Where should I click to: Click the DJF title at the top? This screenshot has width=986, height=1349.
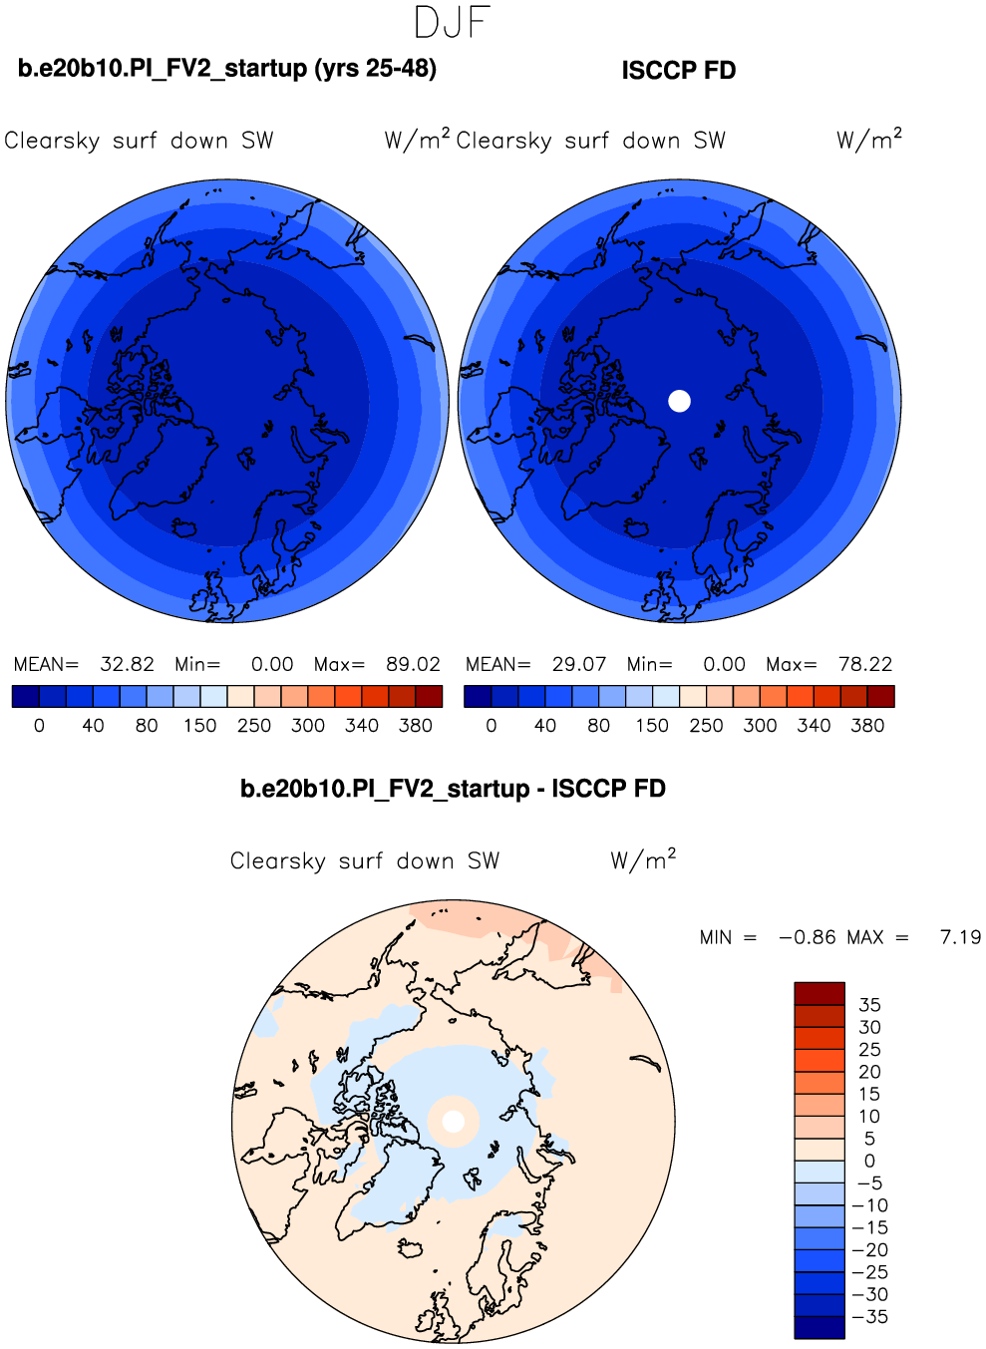tap(453, 22)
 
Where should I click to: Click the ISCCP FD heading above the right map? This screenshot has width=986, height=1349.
tap(678, 71)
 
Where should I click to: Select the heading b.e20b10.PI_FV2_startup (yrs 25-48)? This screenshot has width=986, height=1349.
tap(227, 69)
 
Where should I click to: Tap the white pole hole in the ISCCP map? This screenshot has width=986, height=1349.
tap(679, 401)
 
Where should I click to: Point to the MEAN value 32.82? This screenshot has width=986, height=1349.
tap(127, 665)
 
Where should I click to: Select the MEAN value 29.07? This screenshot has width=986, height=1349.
tap(579, 665)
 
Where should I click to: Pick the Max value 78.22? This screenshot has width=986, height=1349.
tap(864, 665)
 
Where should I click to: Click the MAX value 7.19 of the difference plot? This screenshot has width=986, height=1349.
tap(960, 937)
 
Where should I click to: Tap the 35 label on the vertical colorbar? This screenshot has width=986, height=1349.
tap(869, 1005)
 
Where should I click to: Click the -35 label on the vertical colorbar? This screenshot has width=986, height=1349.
tap(868, 1317)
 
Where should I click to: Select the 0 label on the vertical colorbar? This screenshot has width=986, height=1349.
tap(869, 1162)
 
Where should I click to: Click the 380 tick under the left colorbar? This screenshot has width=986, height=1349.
tap(415, 726)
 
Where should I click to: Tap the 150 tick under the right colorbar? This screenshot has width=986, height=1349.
tap(652, 726)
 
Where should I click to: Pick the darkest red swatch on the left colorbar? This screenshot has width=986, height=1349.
tap(429, 696)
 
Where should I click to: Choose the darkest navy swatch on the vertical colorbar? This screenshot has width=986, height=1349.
tap(820, 1327)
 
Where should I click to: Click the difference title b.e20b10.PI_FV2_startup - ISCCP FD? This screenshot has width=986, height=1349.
tap(453, 789)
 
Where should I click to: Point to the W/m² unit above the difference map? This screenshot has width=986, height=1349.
tap(643, 859)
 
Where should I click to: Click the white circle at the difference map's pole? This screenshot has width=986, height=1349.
tap(454, 1122)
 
